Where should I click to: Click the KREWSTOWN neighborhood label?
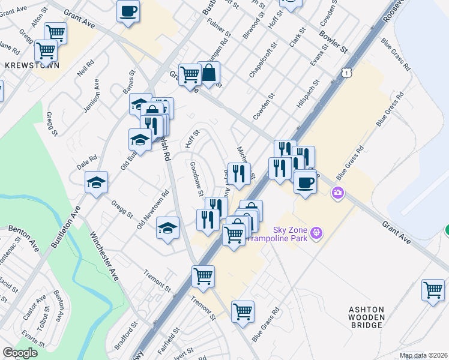coord(32,65)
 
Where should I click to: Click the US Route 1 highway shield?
coord(346,72)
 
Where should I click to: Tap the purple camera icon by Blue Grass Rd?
coord(338,192)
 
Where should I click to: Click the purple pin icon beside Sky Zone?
coord(317,232)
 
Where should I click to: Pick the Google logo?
coord(20,353)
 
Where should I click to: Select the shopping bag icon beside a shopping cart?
coord(210,74)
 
